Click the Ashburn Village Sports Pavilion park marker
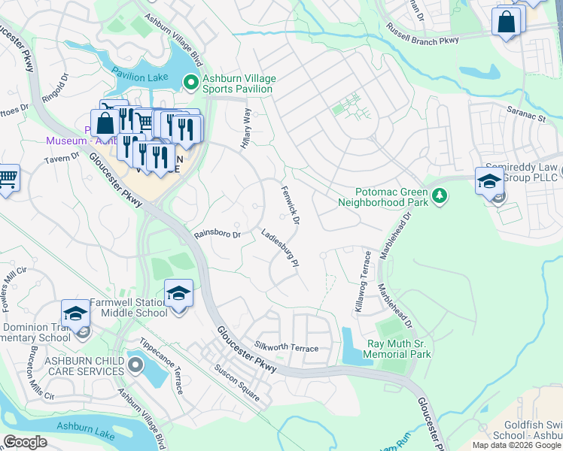click(191, 83)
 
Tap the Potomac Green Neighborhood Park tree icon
click(440, 197)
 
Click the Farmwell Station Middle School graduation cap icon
click(178, 294)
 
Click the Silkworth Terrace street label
click(287, 348)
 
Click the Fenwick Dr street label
click(291, 205)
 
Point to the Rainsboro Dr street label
click(217, 235)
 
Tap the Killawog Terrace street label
click(358, 281)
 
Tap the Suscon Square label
click(237, 383)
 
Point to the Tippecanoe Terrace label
click(160, 371)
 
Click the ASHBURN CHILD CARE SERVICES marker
click(135, 366)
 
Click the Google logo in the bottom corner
click(26, 442)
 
